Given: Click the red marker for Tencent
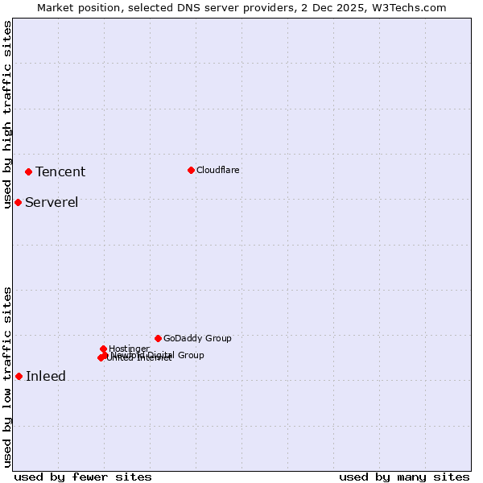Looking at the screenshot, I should pos(28,171).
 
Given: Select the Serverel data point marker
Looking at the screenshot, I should pos(18,202).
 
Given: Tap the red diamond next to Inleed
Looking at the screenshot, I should pos(19,376).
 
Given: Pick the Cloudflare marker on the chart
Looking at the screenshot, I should pos(191,170).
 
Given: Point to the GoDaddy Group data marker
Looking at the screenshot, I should pos(158,338).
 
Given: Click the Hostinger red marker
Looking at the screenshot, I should pos(103,349).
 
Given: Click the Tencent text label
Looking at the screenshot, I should pos(60,171).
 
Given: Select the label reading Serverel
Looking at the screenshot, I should pos(52,202).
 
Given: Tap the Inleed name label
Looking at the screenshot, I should pos(46,376).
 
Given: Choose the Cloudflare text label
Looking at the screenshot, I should pos(218,170).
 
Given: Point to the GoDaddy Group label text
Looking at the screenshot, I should pos(197,338).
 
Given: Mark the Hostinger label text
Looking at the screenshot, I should pos(129,349).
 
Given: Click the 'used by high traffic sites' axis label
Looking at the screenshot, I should pos(7,114).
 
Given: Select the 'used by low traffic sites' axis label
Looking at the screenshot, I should pos(7,377).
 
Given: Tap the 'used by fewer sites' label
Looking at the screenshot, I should pos(83,477).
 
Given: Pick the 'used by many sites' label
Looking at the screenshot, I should pos(404,477).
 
